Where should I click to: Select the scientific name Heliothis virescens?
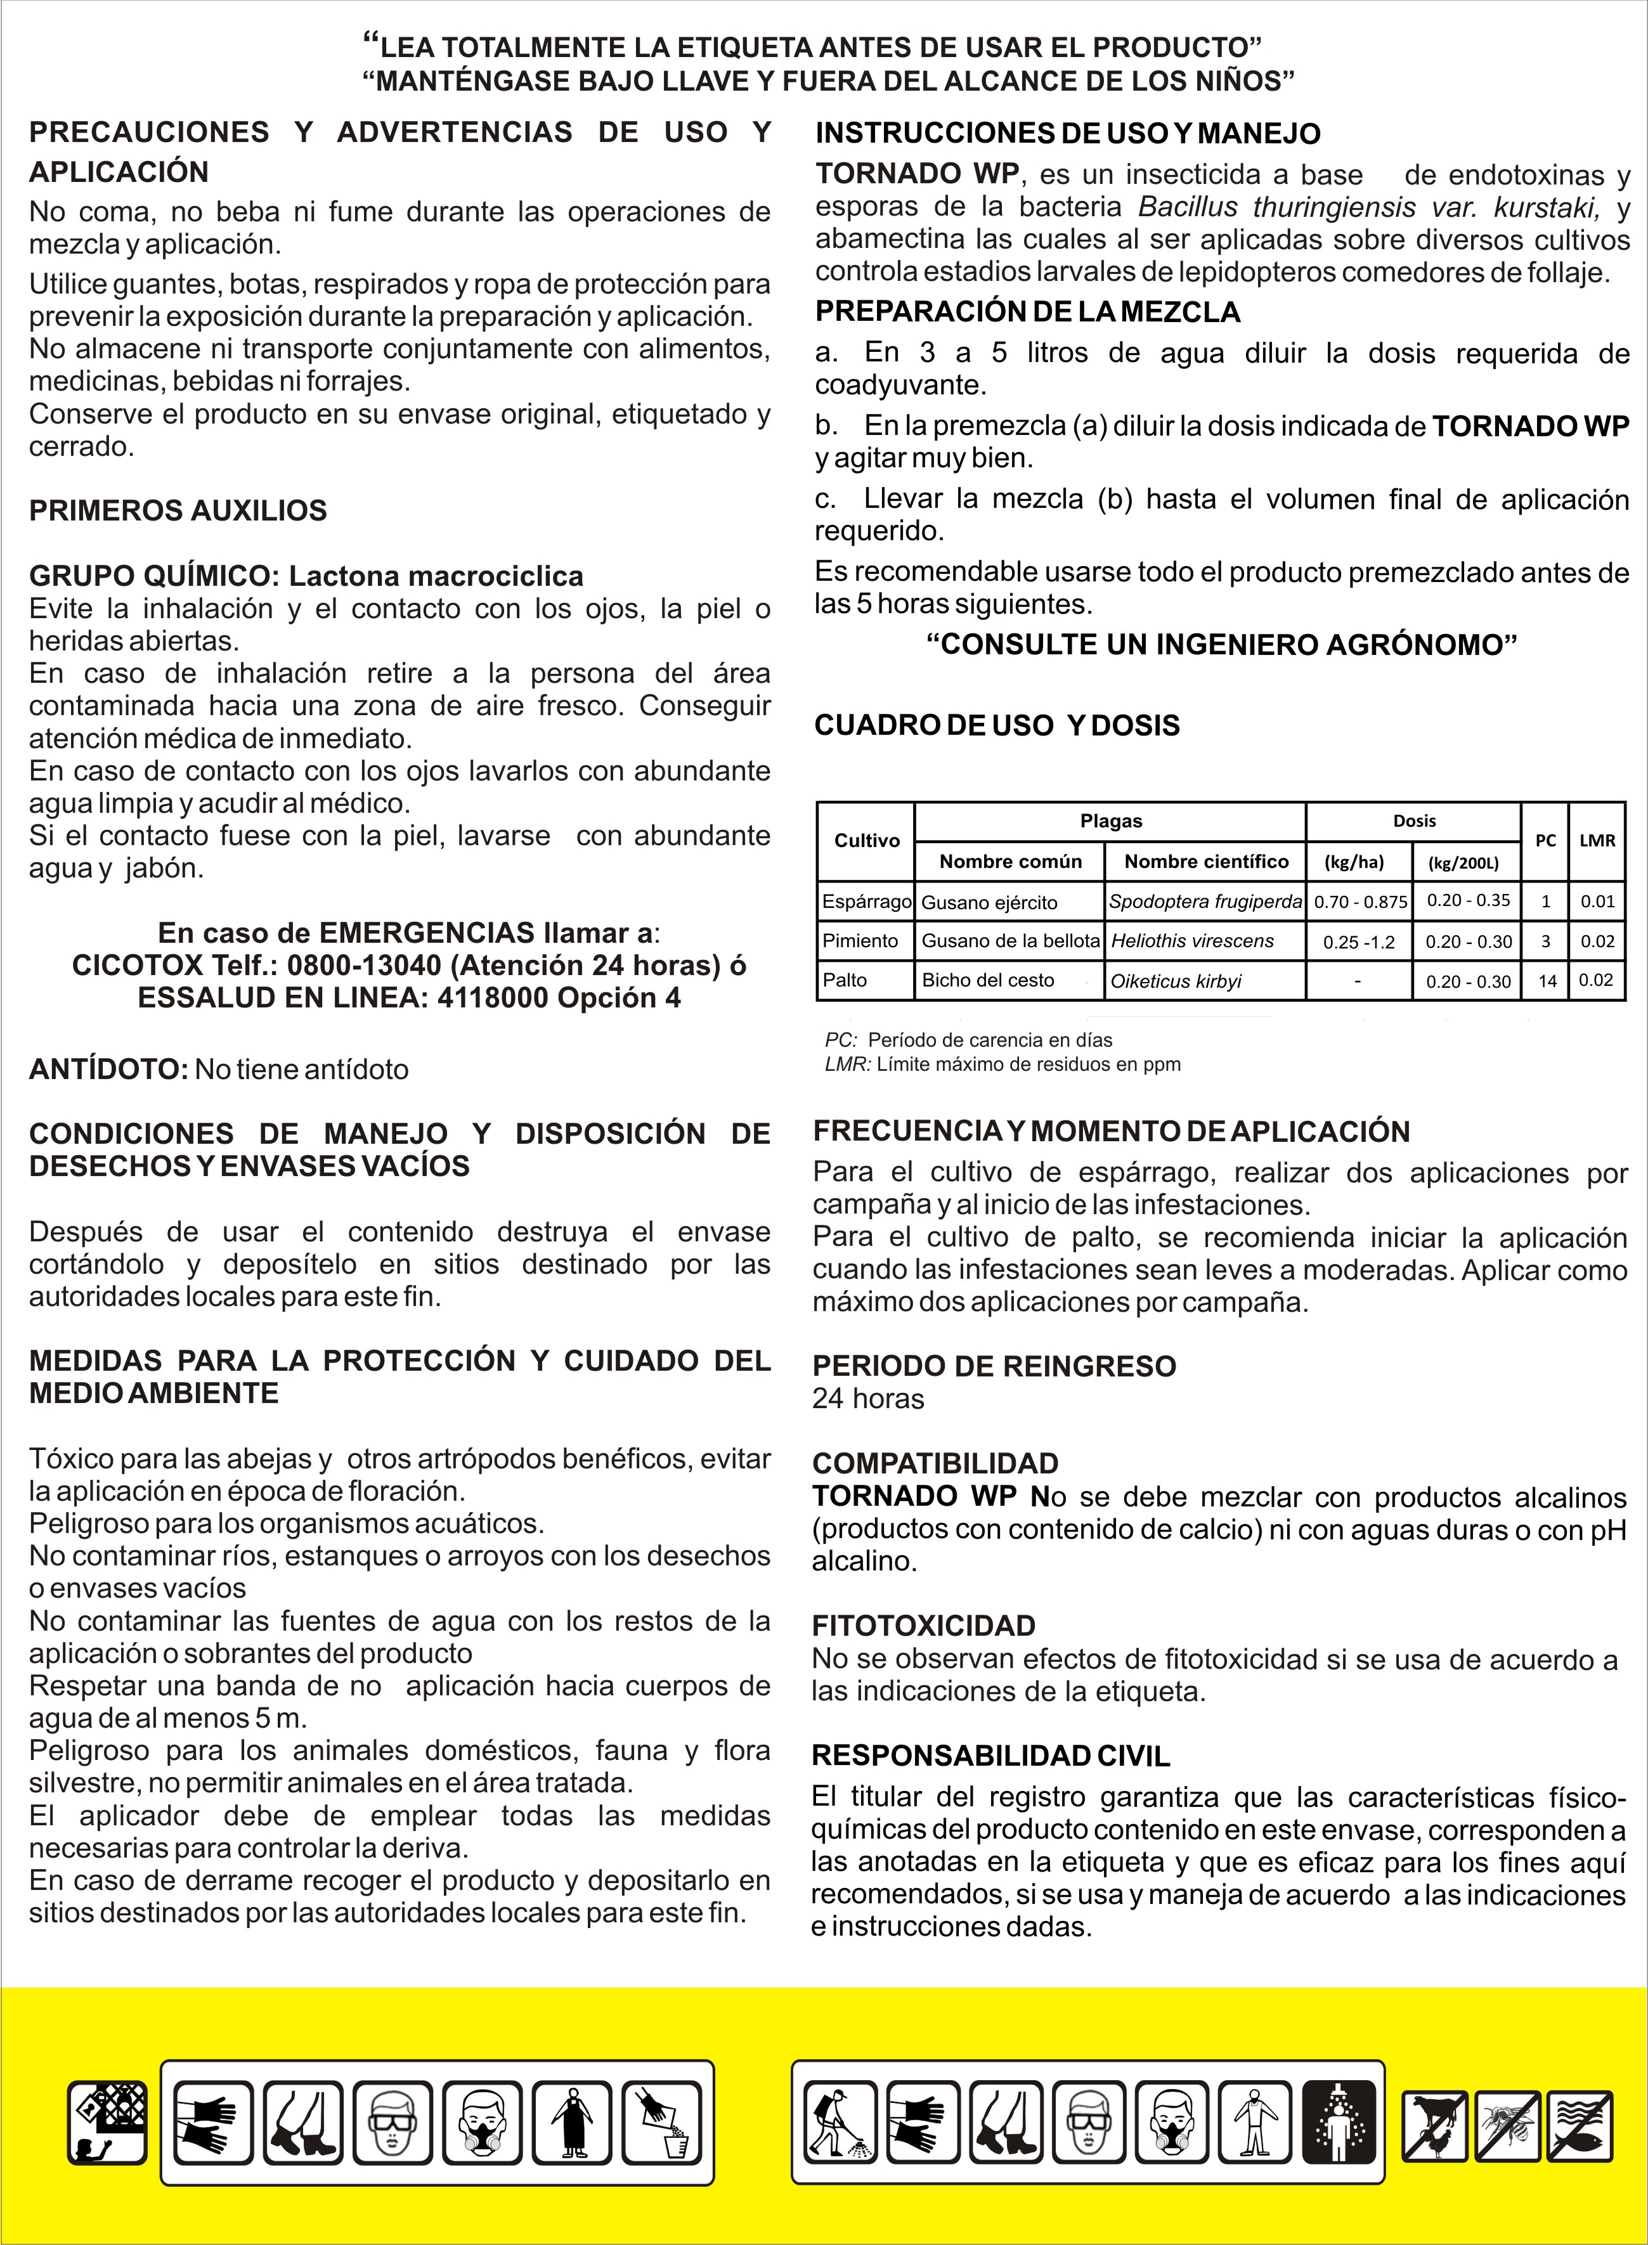click(1192, 940)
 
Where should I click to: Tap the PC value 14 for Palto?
click(1547, 980)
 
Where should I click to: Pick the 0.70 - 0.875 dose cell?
click(1359, 902)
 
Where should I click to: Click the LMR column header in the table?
click(1597, 840)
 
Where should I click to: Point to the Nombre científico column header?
click(1206, 861)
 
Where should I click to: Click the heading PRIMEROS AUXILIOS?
click(178, 510)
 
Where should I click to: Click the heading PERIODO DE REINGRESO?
click(994, 1366)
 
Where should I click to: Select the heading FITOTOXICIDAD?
click(924, 1626)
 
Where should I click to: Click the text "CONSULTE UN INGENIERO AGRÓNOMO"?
click(1221, 644)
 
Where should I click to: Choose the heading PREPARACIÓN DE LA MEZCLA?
click(1027, 312)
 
